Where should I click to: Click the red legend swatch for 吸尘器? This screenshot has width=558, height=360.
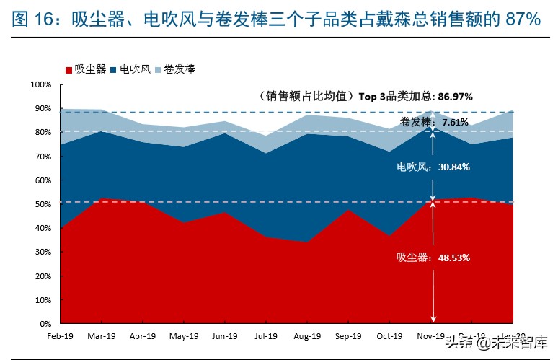[x=68, y=70]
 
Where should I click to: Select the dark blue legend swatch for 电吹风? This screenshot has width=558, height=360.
[x=113, y=70]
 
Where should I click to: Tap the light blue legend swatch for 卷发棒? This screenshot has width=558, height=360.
[x=157, y=70]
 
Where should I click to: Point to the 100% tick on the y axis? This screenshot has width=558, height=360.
[x=40, y=85]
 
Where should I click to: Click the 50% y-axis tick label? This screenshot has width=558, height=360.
[x=43, y=204]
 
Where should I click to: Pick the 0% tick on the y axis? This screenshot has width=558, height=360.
[x=45, y=324]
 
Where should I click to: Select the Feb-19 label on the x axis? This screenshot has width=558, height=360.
[x=61, y=336]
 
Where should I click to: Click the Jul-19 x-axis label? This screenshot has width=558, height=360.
[x=266, y=336]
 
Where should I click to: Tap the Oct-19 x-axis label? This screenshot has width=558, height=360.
[x=389, y=336]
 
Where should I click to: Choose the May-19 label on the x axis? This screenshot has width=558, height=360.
[x=184, y=336]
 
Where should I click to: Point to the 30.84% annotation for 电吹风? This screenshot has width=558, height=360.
[x=453, y=167]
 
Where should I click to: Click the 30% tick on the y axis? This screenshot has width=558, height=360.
[x=43, y=252]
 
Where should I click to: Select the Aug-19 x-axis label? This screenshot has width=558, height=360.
[x=307, y=336]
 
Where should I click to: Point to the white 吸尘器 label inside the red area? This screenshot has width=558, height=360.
[x=412, y=257]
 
